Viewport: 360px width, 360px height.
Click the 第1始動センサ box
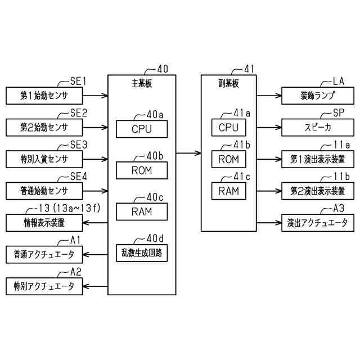tap(44, 96)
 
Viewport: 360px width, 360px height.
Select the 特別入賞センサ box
tap(44, 159)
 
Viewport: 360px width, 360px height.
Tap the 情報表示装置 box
tap(44, 223)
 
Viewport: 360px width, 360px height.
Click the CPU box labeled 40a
tap(142, 129)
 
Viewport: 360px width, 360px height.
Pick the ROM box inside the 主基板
tap(142, 170)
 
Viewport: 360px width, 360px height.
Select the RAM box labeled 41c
tap(228, 191)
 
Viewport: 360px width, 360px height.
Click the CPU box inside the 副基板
tap(228, 127)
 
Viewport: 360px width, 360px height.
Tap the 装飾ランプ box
tap(318, 96)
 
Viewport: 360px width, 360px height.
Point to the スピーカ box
tap(318, 127)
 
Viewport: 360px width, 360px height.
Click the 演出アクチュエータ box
tap(318, 223)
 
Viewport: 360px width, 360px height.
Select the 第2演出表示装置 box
tap(318, 191)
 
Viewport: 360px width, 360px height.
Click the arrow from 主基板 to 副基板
tap(188, 152)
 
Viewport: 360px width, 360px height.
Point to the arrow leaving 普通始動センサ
tap(95, 191)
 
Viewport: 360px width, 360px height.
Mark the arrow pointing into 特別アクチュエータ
tap(95, 286)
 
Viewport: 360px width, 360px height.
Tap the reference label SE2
tap(78, 113)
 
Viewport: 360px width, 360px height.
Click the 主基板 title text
tap(142, 83)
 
